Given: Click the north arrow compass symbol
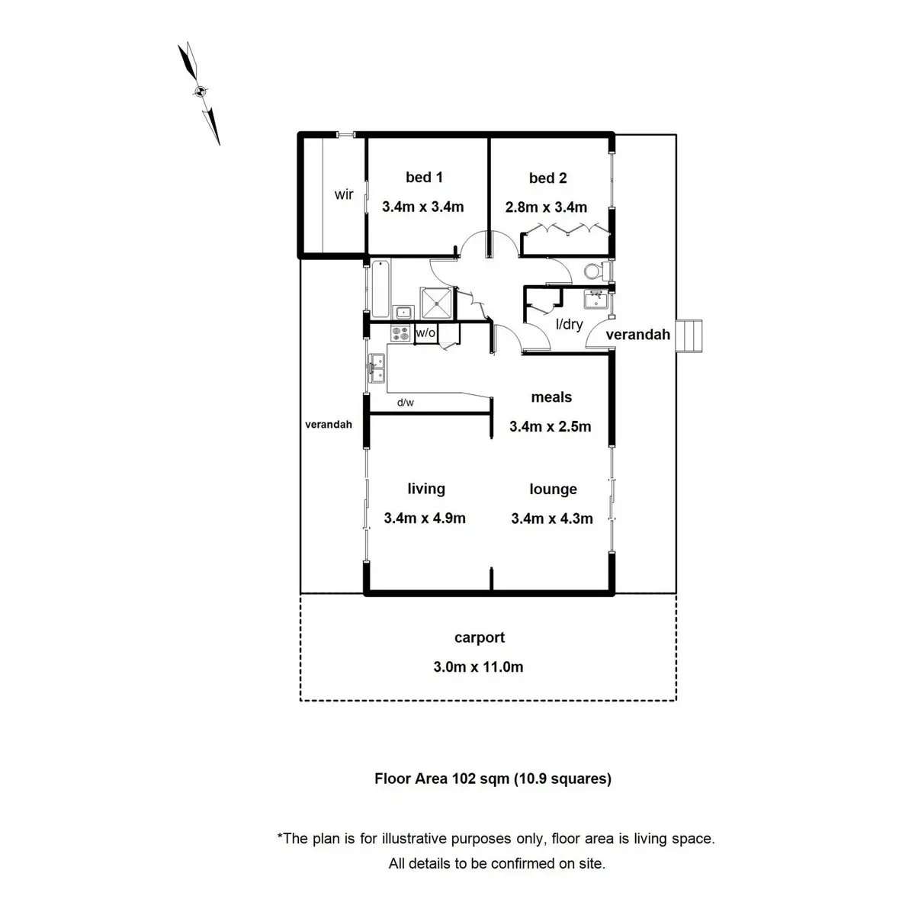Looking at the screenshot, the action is [199, 92].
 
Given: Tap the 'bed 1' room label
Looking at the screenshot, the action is [424, 178].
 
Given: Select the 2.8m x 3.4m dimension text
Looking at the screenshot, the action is [546, 207].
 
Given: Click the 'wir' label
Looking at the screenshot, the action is [344, 194].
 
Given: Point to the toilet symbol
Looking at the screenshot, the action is [595, 271].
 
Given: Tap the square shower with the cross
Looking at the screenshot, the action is [436, 302].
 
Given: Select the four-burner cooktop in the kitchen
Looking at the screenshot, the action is [400, 333].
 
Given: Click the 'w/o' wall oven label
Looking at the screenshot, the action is [425, 333].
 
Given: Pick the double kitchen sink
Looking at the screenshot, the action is [375, 368].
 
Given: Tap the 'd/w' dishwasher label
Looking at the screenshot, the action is [405, 403].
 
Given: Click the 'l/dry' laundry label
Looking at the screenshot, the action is [569, 324].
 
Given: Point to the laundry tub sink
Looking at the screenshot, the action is [596, 298].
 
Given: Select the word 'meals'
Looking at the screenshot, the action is [551, 397].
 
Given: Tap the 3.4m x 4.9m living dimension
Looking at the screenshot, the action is [424, 518].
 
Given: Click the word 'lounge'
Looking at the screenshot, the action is [553, 490].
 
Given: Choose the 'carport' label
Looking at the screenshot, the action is [479, 637].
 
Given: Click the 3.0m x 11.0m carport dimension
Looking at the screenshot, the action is [478, 667].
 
